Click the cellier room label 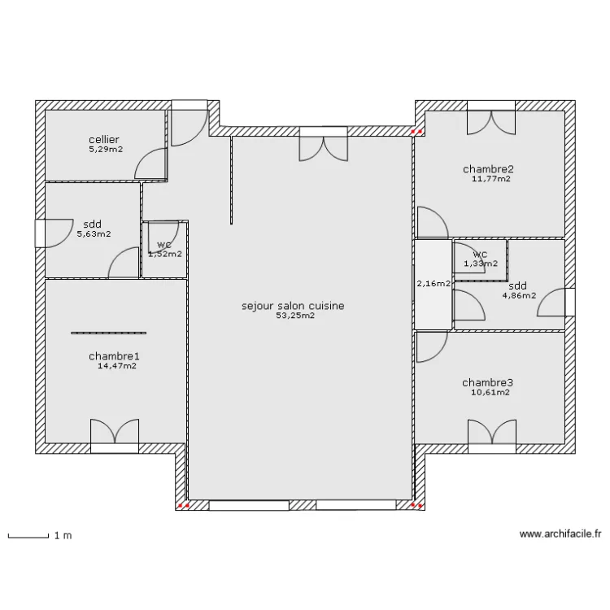pyautogui.click(x=105, y=140)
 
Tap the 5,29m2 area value pyautogui.click(x=106, y=150)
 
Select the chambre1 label pyautogui.click(x=115, y=356)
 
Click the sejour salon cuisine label pyautogui.click(x=293, y=306)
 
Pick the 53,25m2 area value pyautogui.click(x=294, y=316)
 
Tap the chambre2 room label pyautogui.click(x=489, y=169)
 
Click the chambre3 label pyautogui.click(x=487, y=382)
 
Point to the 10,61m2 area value pyautogui.click(x=490, y=392)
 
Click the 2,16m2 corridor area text pyautogui.click(x=433, y=284)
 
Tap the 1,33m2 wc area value pyautogui.click(x=480, y=263)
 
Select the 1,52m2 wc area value pyautogui.click(x=164, y=254)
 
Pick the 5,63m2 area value pyautogui.click(x=94, y=234)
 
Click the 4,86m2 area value pyautogui.click(x=518, y=295)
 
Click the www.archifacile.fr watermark pyautogui.click(x=560, y=534)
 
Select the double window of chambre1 pyautogui.click(x=115, y=434)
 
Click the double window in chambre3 pyautogui.click(x=492, y=434)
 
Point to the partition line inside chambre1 pyautogui.click(x=108, y=333)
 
